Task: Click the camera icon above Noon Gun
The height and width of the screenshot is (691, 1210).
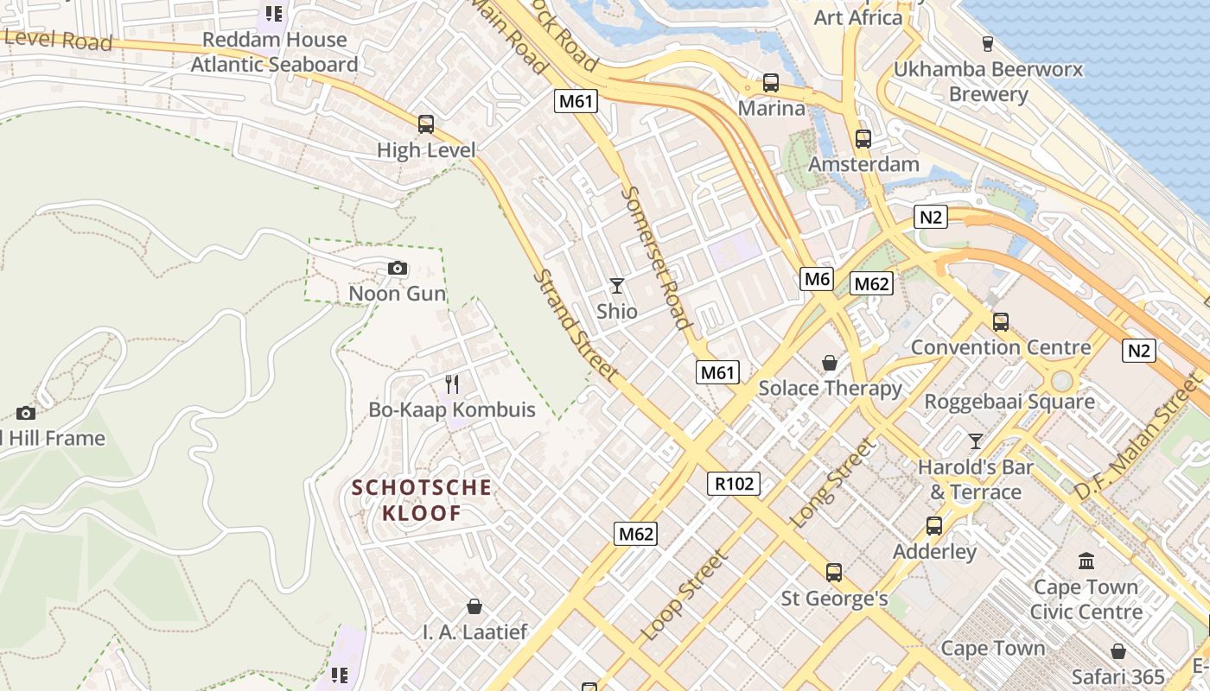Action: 398,269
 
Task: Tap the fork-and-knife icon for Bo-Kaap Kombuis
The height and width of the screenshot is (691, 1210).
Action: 451,384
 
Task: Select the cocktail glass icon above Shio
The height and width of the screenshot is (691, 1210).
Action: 616,285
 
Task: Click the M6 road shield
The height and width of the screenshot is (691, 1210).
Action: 816,278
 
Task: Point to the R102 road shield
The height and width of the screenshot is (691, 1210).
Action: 735,484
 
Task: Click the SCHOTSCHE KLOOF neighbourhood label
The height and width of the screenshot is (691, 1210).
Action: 422,500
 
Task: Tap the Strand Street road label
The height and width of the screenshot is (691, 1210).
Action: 576,326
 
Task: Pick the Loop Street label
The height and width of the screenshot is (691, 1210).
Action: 685,595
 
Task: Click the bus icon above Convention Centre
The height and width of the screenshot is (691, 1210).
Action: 1000,321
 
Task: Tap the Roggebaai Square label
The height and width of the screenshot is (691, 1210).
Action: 1009,402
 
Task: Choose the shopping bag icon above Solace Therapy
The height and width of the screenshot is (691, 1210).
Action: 829,363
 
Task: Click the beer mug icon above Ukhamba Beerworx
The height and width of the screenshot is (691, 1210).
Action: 988,43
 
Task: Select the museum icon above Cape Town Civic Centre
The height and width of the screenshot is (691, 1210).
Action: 1086,561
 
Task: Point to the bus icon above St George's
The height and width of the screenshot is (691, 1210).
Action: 833,572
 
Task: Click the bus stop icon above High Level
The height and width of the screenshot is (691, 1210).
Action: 425,124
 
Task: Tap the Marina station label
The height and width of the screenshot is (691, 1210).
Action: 771,109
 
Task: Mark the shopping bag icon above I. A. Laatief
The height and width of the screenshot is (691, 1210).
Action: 474,606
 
